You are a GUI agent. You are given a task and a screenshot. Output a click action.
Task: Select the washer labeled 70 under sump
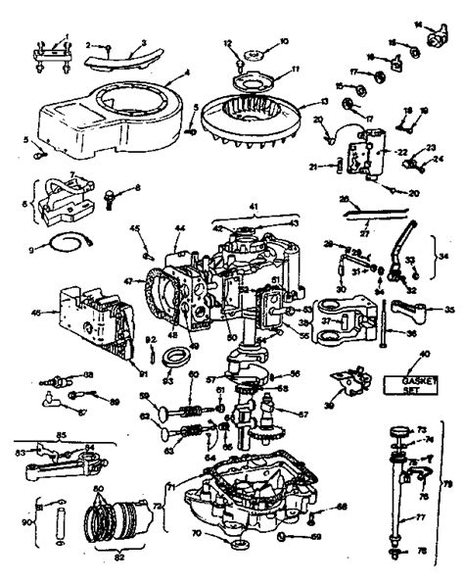(236, 538)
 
